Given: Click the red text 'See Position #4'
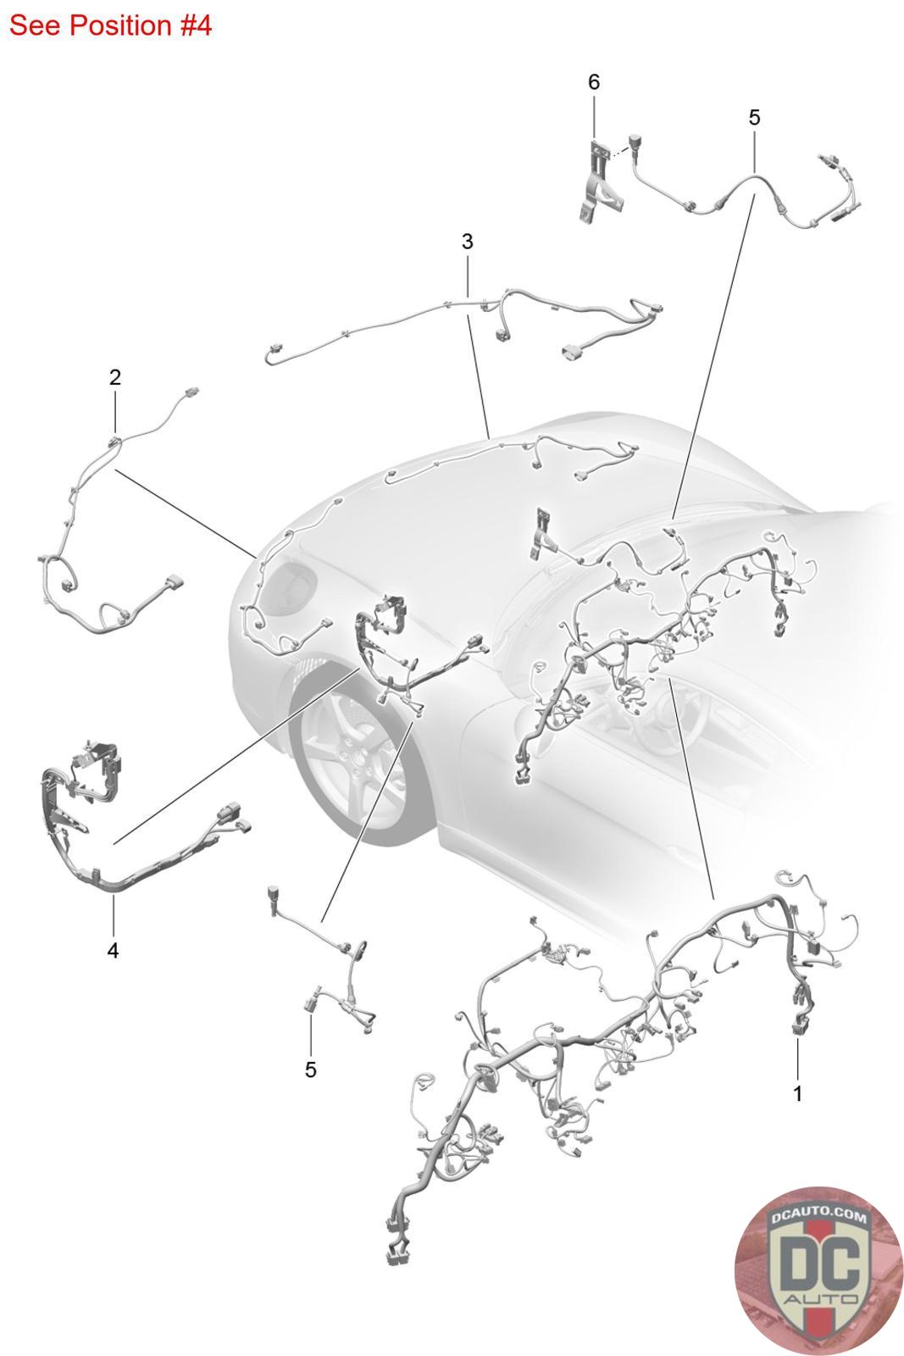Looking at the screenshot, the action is pos(110,25).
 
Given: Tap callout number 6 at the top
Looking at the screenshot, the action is pos(593,82).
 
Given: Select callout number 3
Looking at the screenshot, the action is pos(467,242).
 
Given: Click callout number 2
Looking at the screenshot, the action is pos(115,377).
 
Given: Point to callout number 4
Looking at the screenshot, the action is pos(113,951).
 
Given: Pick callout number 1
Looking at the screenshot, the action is pos(796,1093).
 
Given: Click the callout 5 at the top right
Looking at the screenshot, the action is pos(754,118).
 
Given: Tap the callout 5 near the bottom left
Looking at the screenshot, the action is pos(310,1070).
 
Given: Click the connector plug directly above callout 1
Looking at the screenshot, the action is pos(797,1027).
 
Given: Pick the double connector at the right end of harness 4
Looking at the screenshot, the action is pos(231,815).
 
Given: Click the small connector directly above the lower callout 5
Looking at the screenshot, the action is pos(310,1003).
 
